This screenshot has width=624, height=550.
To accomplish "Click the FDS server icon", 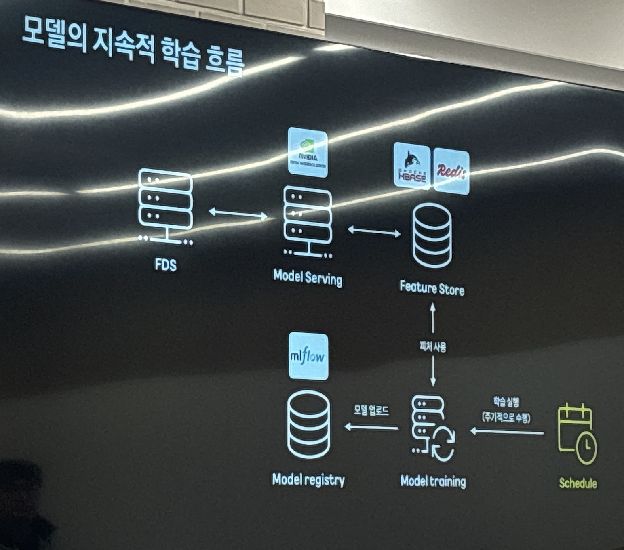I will [x=165, y=206].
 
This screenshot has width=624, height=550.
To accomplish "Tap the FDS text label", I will [x=166, y=265].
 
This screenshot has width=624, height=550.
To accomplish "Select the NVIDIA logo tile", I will [x=308, y=152].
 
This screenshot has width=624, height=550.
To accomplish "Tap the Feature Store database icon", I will [x=432, y=236].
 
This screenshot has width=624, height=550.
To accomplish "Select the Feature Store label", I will [x=432, y=288].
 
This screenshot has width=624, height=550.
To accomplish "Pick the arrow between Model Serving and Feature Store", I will [x=374, y=231].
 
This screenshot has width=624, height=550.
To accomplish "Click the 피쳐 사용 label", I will [x=433, y=346].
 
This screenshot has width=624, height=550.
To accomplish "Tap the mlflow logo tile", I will [x=308, y=356].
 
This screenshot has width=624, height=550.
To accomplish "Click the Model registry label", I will [x=308, y=480].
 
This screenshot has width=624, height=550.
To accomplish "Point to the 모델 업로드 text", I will [x=371, y=411].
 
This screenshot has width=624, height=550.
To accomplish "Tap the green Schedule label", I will [x=578, y=483].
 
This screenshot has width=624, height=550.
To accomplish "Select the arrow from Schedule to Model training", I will [x=507, y=432].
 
